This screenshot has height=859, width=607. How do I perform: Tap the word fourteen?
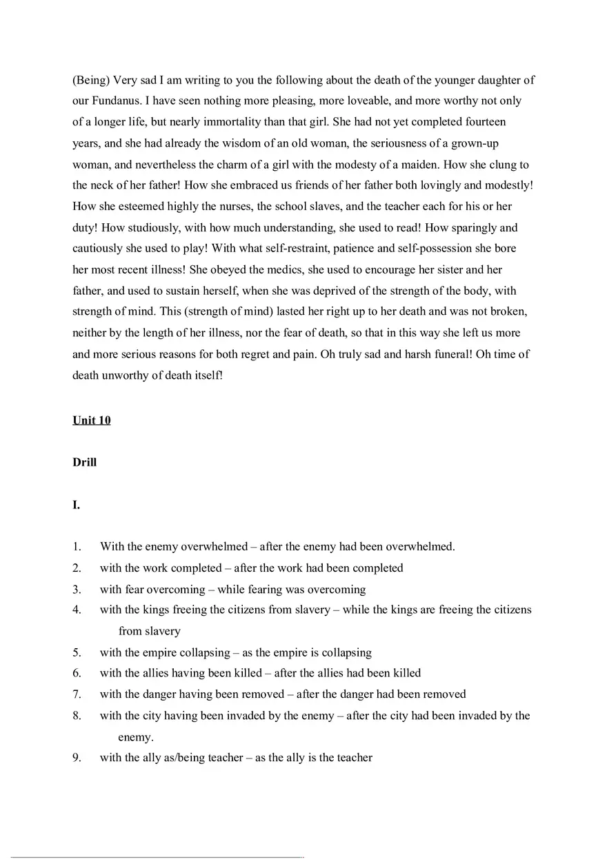click(484, 122)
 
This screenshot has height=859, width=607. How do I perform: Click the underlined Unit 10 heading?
click(91, 420)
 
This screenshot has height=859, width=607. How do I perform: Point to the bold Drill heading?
click(84, 462)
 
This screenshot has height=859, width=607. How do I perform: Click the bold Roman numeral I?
click(76, 505)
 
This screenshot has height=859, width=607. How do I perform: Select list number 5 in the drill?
click(77, 652)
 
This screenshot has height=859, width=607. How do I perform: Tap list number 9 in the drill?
click(77, 758)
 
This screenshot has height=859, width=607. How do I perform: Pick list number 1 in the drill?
click(77, 547)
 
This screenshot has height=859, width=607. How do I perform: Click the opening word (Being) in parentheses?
click(91, 80)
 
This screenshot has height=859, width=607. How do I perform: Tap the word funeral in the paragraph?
click(415, 355)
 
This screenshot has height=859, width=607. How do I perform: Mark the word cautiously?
click(99, 249)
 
